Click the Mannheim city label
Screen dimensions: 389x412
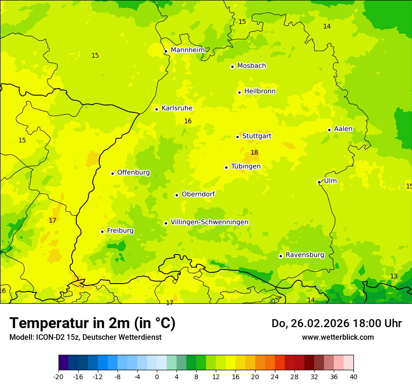pyautogui.click(x=187, y=50)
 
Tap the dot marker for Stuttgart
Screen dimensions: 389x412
pyautogui.click(x=237, y=137)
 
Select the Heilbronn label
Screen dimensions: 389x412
pyautogui.click(x=260, y=91)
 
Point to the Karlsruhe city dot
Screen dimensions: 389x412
pyautogui.click(x=156, y=109)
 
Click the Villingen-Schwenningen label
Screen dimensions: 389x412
pyautogui.click(x=209, y=222)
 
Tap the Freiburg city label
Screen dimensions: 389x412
pyautogui.click(x=120, y=231)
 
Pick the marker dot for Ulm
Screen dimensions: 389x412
pyautogui.click(x=319, y=182)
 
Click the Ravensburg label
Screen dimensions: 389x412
pyautogui.click(x=305, y=255)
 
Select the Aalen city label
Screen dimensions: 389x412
pyautogui.click(x=343, y=129)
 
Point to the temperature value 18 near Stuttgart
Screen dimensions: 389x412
pyautogui.click(x=254, y=152)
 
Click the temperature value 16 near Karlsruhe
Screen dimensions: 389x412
pyautogui.click(x=188, y=121)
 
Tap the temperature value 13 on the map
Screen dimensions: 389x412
pyautogui.click(x=394, y=276)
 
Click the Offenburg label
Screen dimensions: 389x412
pyautogui.click(x=133, y=172)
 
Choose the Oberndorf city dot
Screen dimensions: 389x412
pyautogui.click(x=177, y=195)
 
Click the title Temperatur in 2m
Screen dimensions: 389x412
pyautogui.click(x=92, y=323)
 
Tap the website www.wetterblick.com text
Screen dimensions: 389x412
pyautogui.click(x=338, y=337)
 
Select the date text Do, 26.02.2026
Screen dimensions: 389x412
pyautogui.click(x=316, y=323)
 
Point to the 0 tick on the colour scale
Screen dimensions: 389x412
pyautogui.click(x=157, y=376)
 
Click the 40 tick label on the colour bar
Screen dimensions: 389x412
pyautogui.click(x=353, y=376)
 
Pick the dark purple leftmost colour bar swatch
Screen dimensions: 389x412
pyautogui.click(x=63, y=363)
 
